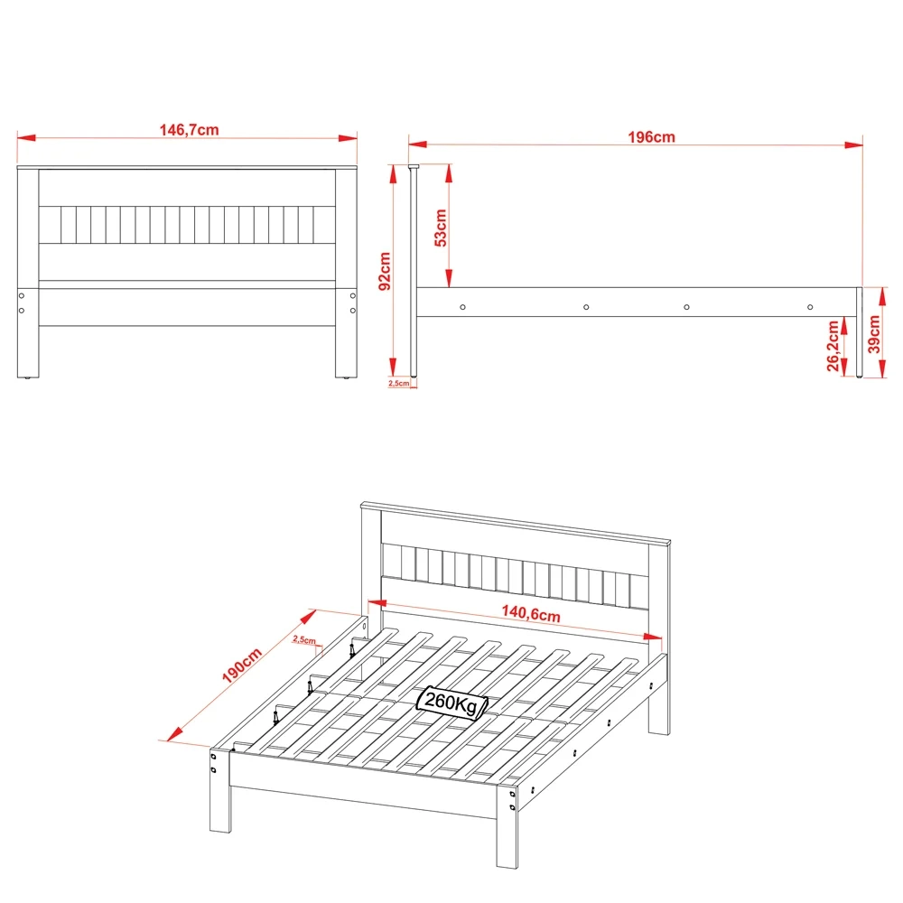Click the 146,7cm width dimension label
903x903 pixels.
tap(190, 129)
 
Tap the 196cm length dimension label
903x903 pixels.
tap(651, 137)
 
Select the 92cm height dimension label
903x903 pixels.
tap(384, 270)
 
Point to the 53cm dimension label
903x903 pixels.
tap(440, 228)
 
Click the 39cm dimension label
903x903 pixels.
tap(873, 335)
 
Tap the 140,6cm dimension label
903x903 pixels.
tap(531, 614)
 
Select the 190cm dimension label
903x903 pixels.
tap(241, 668)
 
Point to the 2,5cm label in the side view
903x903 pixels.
tap(398, 384)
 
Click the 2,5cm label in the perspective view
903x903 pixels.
tap(303, 640)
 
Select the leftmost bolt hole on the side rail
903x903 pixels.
tap(462, 307)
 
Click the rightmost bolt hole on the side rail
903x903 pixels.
tap(809, 307)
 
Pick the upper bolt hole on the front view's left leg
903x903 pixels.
tap(22, 295)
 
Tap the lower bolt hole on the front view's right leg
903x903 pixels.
tap(352, 310)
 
